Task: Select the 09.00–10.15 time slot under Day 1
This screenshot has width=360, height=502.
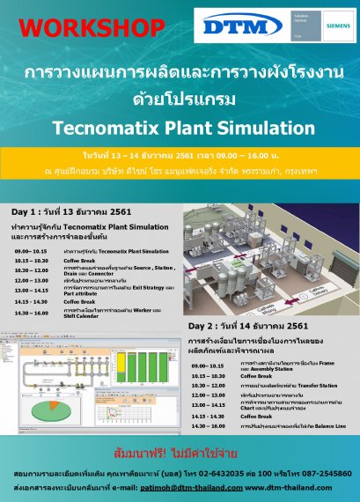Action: point(31,227)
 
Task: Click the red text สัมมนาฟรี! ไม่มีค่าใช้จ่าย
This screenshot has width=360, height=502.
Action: point(180,454)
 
